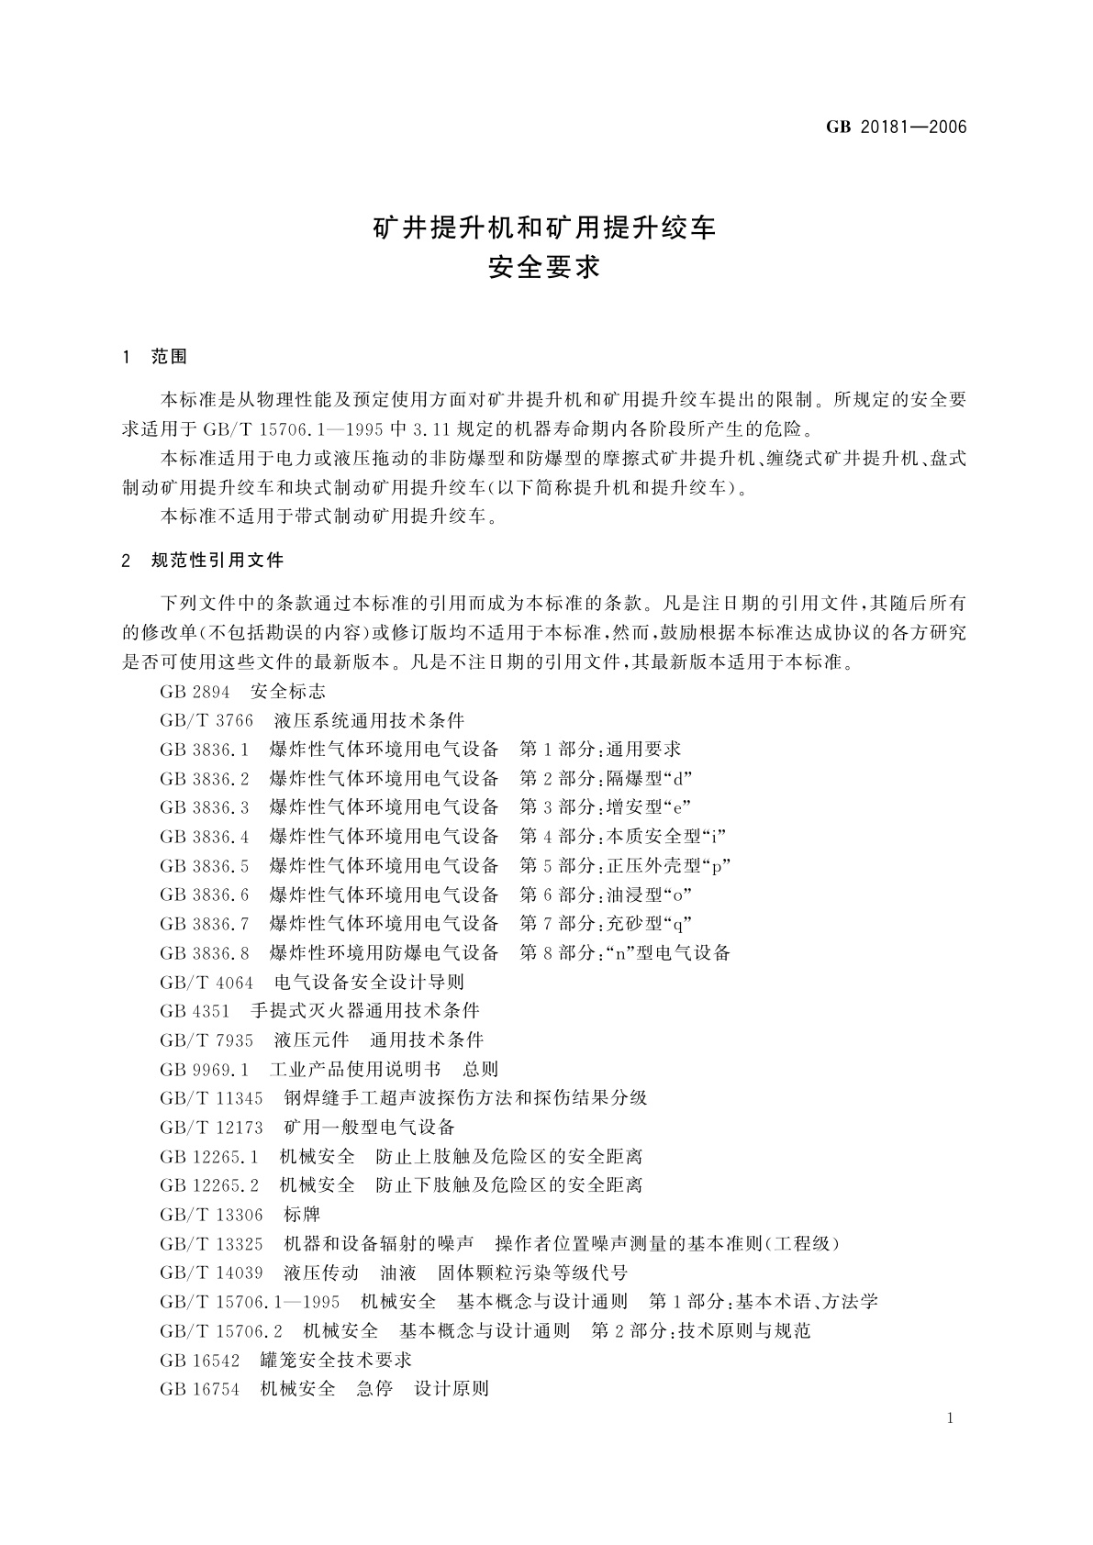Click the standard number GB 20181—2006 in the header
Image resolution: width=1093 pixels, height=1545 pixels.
pyautogui.click(x=897, y=128)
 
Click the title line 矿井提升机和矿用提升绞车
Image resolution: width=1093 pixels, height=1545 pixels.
pyautogui.click(x=544, y=228)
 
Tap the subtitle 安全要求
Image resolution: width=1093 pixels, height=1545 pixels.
pyautogui.click(x=544, y=268)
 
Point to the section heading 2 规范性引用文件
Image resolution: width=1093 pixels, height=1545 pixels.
pyautogui.click(x=203, y=560)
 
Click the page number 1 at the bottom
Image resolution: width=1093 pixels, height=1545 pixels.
pyautogui.click(x=950, y=1418)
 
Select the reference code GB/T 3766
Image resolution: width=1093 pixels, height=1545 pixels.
pyautogui.click(x=206, y=720)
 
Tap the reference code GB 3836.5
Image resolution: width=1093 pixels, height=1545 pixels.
pyautogui.click(x=204, y=865)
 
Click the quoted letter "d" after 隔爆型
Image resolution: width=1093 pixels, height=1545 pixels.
pyautogui.click(x=678, y=779)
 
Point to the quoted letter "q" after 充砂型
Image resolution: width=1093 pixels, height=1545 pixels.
pyautogui.click(x=678, y=923)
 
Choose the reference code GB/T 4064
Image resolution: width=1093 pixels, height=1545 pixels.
pyautogui.click(x=206, y=982)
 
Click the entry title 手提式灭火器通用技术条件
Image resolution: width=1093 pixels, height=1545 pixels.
pyautogui.click(x=364, y=1011)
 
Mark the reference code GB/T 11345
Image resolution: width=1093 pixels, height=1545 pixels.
pyautogui.click(x=211, y=1098)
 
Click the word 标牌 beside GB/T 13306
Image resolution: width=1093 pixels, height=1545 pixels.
pyautogui.click(x=302, y=1215)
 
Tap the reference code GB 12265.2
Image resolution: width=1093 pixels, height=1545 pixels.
pyautogui.click(x=208, y=1185)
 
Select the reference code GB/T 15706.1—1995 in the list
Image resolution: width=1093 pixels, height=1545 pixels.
pyautogui.click(x=250, y=1302)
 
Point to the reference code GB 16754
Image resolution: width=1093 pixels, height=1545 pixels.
pyautogui.click(x=199, y=1389)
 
